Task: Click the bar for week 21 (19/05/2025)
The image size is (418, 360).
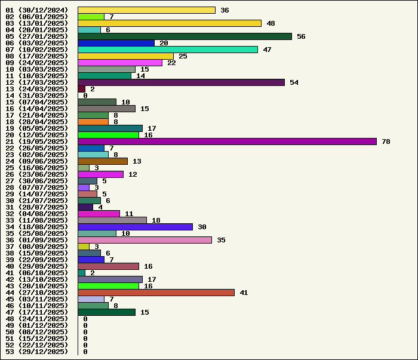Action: (x=227, y=141)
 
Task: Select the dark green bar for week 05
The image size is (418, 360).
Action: (x=185, y=36)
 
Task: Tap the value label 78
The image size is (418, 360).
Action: (x=386, y=141)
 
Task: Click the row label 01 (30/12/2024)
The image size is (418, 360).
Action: (x=37, y=10)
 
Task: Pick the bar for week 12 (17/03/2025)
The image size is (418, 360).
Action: (x=181, y=82)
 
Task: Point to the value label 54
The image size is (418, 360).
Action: (x=294, y=82)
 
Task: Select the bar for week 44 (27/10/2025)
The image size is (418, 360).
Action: (x=156, y=293)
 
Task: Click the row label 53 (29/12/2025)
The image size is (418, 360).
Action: (x=37, y=352)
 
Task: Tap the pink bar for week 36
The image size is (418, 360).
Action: (x=145, y=240)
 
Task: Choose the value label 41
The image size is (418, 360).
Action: (x=244, y=293)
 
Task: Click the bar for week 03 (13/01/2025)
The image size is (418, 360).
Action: (x=170, y=23)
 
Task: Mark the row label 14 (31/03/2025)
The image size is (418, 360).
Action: (x=37, y=96)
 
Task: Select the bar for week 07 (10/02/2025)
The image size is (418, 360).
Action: (x=168, y=50)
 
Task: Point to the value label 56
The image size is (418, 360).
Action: (x=301, y=36)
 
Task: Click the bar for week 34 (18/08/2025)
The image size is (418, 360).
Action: (x=135, y=227)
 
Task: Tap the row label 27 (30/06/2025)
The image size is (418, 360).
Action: (x=37, y=181)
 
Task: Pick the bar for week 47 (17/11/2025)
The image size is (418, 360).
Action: (x=106, y=312)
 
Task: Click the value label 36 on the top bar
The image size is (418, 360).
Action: (x=225, y=10)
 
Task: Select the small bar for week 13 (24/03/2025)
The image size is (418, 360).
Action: (x=81, y=89)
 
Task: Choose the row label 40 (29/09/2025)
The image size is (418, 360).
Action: (x=37, y=266)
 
